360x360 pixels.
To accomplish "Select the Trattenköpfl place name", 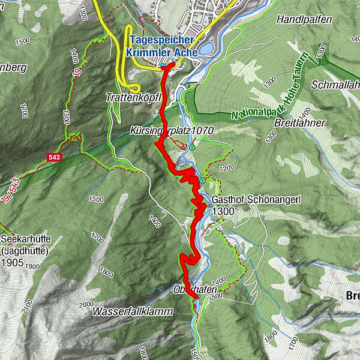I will (x=134, y=97).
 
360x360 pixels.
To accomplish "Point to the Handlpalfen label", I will (x=304, y=20).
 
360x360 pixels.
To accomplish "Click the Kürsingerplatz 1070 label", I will (x=172, y=130).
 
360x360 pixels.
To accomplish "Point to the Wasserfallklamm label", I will (x=133, y=312).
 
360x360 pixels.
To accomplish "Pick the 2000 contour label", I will (x=86, y=305).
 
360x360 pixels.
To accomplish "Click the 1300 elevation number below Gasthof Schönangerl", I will (x=223, y=211).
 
